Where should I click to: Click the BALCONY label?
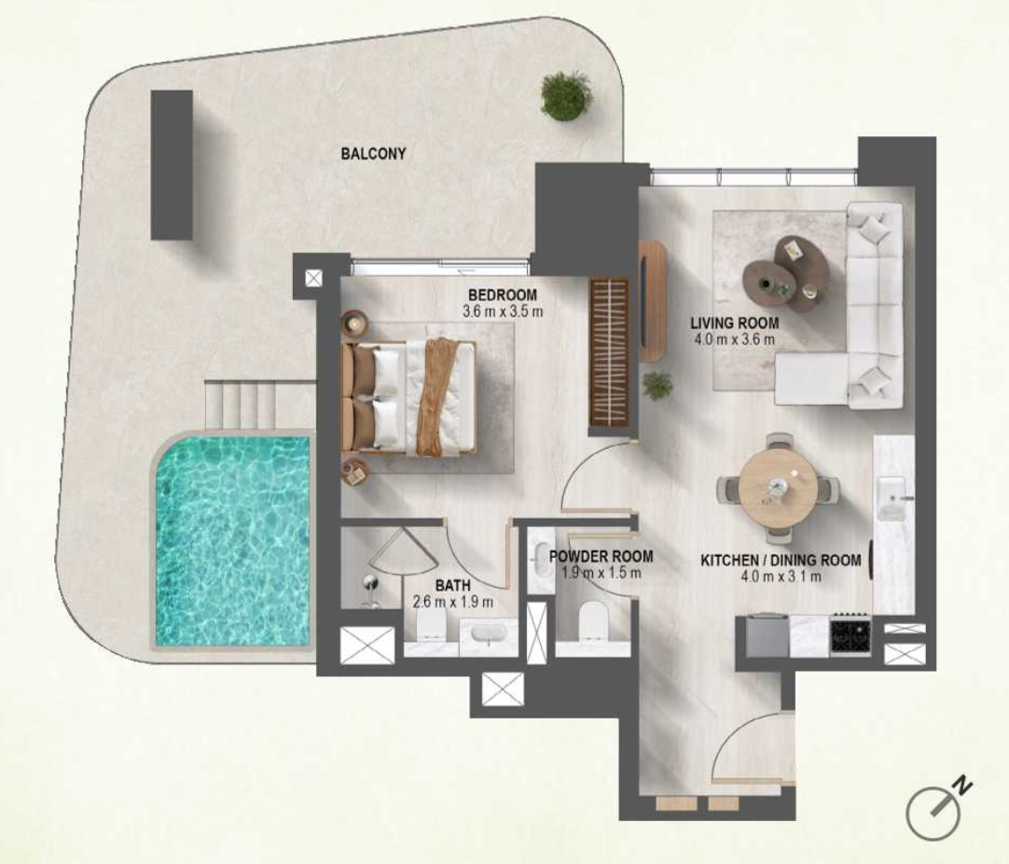[373, 154]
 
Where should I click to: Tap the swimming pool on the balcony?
[232, 541]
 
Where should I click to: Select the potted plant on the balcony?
[566, 95]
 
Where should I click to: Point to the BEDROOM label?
[502, 295]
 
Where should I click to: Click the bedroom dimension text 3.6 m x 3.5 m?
[503, 312]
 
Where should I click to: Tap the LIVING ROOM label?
[734, 323]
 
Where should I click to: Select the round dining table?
[778, 488]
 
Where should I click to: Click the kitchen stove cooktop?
[850, 636]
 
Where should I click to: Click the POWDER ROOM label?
[601, 556]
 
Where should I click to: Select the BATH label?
[453, 586]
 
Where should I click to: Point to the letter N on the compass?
[962, 786]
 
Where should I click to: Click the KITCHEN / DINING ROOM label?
[781, 560]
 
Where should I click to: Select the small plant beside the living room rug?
[657, 385]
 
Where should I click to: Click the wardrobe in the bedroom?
[609, 352]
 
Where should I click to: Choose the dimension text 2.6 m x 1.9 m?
[453, 602]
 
